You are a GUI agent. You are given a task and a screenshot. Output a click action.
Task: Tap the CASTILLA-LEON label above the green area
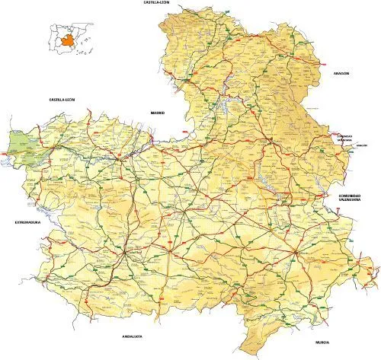(62, 99)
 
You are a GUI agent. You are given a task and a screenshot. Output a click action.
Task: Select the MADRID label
(158, 112)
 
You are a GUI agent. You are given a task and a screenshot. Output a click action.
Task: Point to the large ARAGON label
(341, 73)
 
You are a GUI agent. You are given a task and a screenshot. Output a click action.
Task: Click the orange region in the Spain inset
(69, 40)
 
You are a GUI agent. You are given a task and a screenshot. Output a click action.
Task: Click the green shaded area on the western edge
(23, 140)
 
